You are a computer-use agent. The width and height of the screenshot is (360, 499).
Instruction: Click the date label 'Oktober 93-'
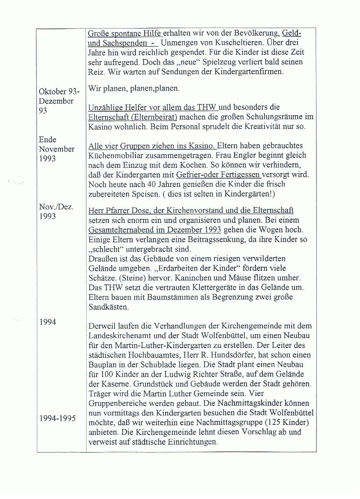(59, 91)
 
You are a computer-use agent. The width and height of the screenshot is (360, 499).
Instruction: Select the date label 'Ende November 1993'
(57, 149)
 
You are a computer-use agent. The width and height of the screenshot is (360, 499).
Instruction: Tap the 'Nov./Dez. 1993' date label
(56, 211)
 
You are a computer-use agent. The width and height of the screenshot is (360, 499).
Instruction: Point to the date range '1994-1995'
(57, 418)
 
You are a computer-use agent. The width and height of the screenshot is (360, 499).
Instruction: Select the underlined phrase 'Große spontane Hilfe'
(125, 33)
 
